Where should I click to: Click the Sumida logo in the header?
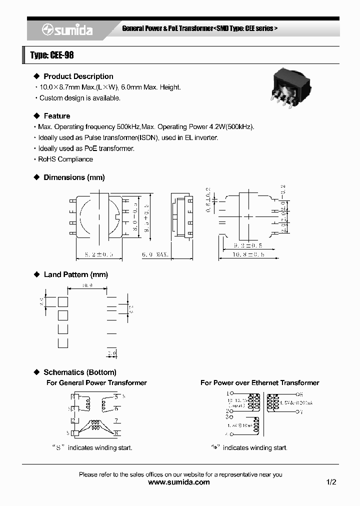tap(67, 30)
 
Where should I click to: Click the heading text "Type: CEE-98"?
tap(52, 55)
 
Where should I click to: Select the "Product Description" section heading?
tap(78, 76)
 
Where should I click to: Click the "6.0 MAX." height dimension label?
tap(154, 254)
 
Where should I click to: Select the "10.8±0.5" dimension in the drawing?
tap(248, 254)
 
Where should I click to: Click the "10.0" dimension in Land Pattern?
tap(87, 285)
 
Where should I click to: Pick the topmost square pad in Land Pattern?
tap(63, 301)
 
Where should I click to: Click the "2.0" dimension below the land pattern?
tap(111, 353)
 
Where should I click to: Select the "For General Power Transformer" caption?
tap(96, 382)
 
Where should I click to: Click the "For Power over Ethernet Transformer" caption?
tap(259, 382)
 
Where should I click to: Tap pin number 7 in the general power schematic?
tap(115, 420)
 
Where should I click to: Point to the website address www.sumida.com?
tap(179, 482)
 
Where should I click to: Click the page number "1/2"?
tap(331, 482)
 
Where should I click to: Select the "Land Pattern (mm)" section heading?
tap(75, 274)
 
